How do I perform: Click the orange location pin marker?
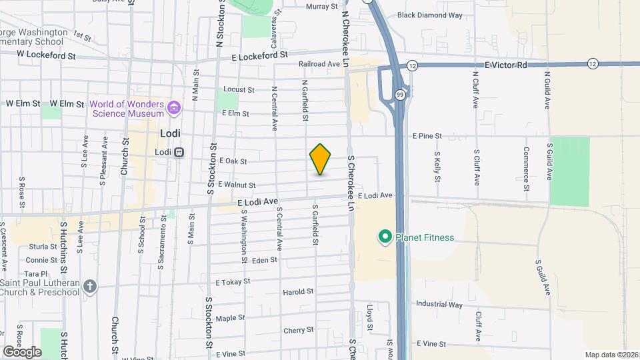click(321, 160)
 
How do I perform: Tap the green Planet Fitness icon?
click(385, 237)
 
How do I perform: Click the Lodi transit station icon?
click(179, 152)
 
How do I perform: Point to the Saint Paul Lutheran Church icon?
click(91, 286)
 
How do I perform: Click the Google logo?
click(22, 351)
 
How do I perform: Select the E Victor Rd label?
click(506, 65)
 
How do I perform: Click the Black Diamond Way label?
click(429, 15)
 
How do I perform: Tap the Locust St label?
click(239, 89)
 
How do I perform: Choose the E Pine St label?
click(427, 135)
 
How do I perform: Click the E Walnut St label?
click(237, 185)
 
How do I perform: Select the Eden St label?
click(265, 260)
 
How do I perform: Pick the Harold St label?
click(298, 292)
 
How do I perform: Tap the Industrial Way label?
click(439, 305)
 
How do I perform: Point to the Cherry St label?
click(298, 330)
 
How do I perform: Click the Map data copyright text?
click(611, 355)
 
